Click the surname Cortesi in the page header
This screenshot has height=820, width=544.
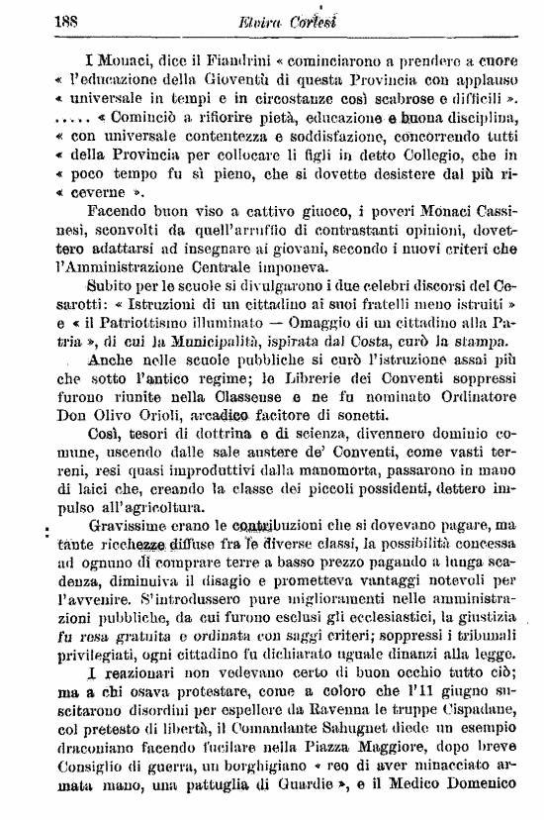(314, 18)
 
